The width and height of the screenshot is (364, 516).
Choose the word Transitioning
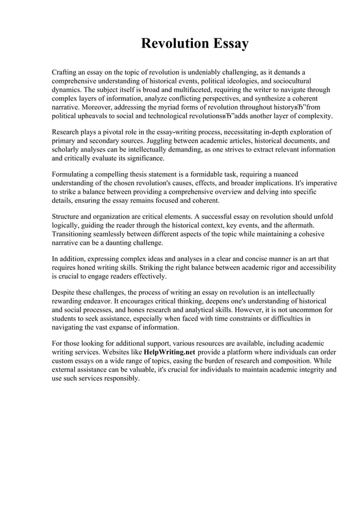(77, 234)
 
